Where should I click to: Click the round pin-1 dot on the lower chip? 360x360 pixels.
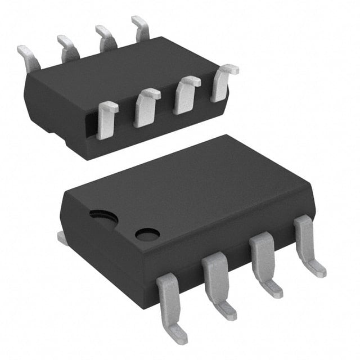point(147,234)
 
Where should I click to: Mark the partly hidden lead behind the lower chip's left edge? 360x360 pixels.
point(62,238)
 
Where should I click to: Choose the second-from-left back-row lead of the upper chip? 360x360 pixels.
point(67,47)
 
